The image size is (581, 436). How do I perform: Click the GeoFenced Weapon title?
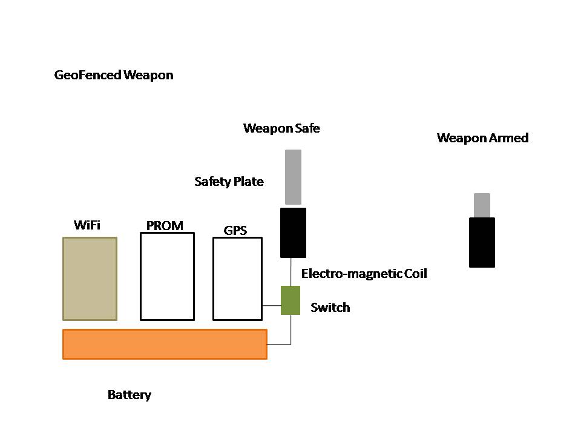(x=114, y=76)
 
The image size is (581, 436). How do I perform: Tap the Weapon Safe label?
(x=281, y=128)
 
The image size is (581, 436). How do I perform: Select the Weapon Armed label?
(x=482, y=138)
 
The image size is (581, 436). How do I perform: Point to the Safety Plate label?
(x=229, y=182)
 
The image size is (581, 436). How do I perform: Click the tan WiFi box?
(x=90, y=279)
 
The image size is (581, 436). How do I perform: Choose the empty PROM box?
(x=167, y=276)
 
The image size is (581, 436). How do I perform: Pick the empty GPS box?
(x=237, y=279)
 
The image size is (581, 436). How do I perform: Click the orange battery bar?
(x=165, y=344)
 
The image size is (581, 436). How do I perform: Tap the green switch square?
(x=290, y=300)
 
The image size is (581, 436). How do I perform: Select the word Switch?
(x=330, y=308)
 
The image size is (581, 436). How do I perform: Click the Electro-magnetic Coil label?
(x=364, y=274)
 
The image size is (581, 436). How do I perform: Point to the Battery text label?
(x=129, y=395)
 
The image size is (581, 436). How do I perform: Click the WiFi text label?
(x=87, y=226)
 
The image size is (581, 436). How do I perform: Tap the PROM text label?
(x=165, y=226)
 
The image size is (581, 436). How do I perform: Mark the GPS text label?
(x=235, y=230)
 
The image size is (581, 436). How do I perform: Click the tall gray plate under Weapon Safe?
(x=293, y=177)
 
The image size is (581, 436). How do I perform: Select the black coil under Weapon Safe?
(x=293, y=233)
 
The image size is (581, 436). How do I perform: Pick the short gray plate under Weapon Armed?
(x=482, y=205)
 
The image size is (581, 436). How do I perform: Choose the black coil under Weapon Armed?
(x=482, y=242)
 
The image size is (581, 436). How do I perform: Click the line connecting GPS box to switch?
(x=272, y=305)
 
